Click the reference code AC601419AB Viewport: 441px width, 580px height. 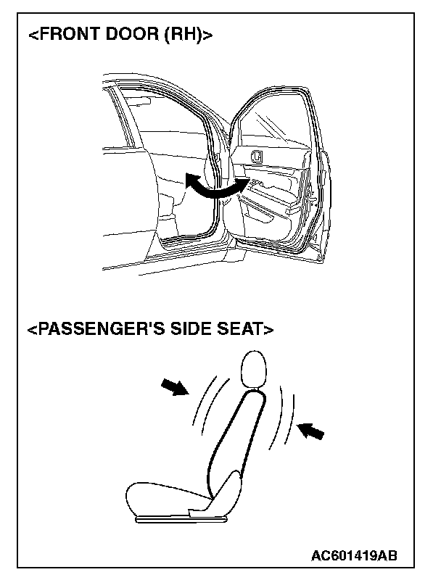354,556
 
